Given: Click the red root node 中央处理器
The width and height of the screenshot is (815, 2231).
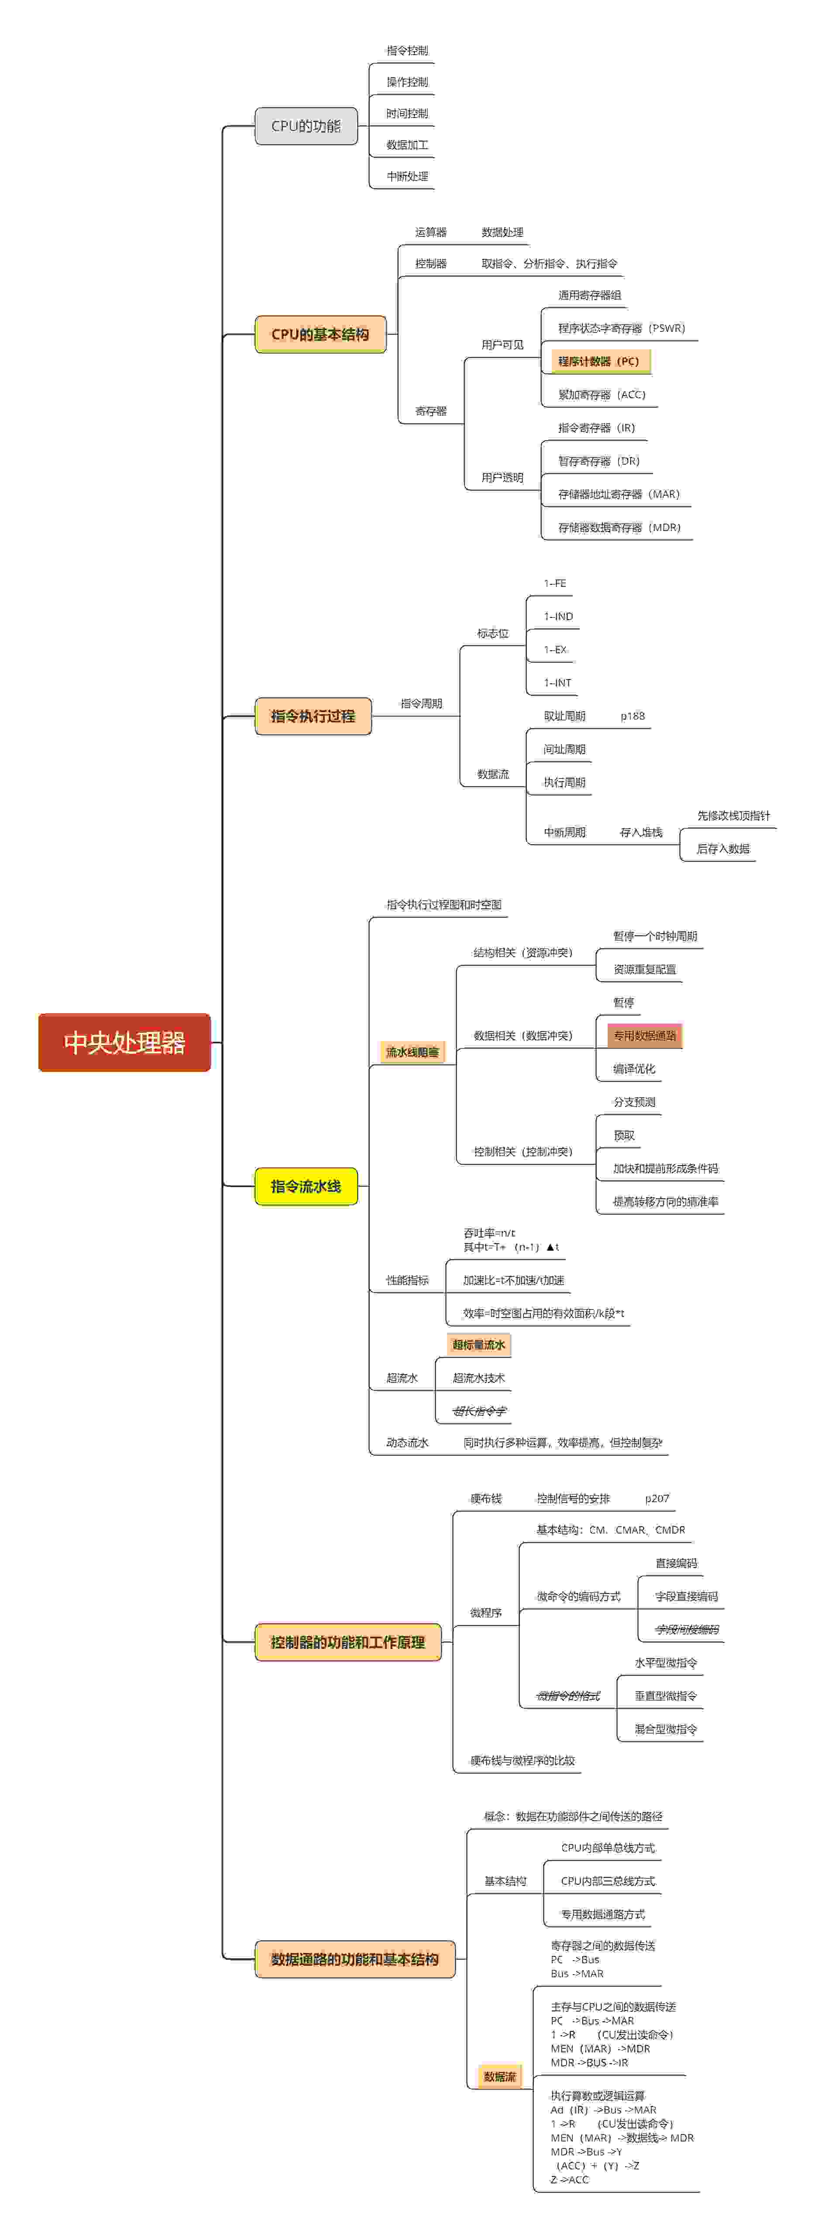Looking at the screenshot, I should tap(124, 1042).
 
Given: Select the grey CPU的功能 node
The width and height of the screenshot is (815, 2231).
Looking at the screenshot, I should tap(306, 126).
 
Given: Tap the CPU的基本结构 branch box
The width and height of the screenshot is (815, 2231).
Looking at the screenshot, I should tap(320, 334).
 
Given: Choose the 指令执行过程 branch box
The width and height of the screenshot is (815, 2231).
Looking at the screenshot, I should tap(313, 715).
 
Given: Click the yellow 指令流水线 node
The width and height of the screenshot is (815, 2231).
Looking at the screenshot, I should tap(306, 1186).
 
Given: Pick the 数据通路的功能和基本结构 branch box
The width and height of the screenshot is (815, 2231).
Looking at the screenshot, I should tap(354, 1959).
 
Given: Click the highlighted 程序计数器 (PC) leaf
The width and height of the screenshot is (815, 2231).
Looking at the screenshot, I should tap(598, 361).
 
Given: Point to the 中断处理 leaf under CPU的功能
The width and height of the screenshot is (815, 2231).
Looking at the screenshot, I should tap(407, 176).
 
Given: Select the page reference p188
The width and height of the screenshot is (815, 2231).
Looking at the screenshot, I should tap(632, 715).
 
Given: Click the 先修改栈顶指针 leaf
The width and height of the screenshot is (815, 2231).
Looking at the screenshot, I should tap(733, 815).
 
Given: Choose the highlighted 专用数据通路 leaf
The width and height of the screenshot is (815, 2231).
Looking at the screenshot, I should tap(644, 1035).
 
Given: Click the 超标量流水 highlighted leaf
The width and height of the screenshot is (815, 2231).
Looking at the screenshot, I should tap(478, 1344).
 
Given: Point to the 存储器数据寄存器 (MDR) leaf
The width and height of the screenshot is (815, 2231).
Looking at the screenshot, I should tap(619, 527).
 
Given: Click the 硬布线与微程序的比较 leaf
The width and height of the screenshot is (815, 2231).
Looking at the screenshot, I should tap(522, 1760).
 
